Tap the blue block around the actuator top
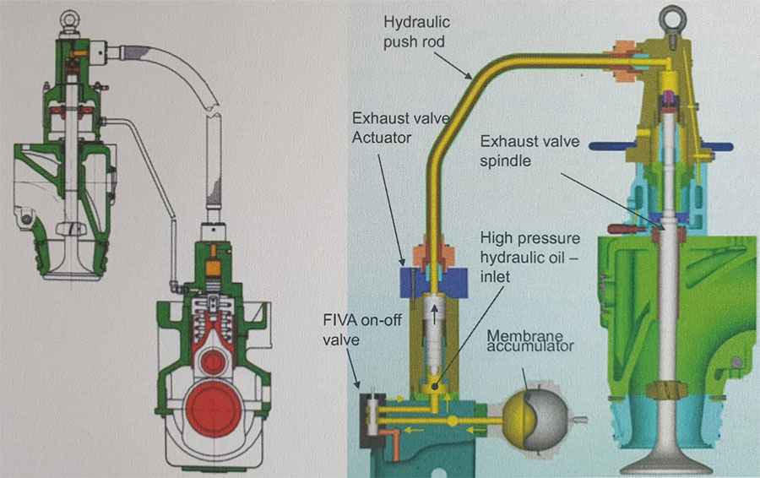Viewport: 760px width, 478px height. pyautogui.click(x=435, y=281)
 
